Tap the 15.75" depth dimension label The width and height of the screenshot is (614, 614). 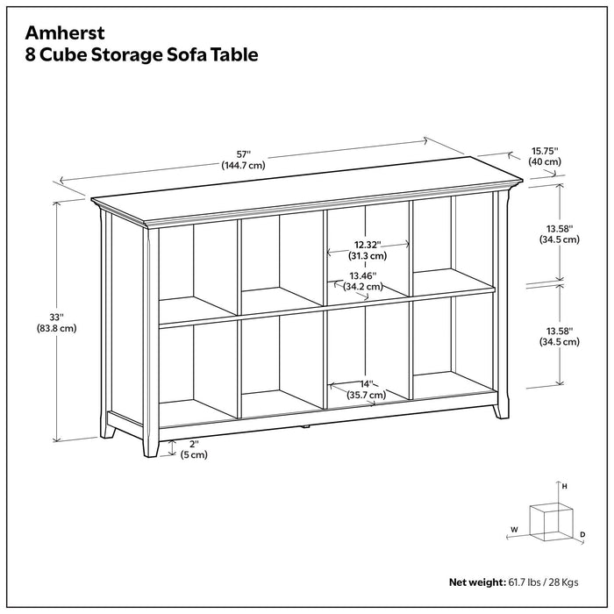545,150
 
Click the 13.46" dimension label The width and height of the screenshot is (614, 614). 361,274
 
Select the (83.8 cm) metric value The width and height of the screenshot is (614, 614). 56,329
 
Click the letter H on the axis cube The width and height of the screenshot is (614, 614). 565,486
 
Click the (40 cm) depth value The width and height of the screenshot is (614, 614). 545,162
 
